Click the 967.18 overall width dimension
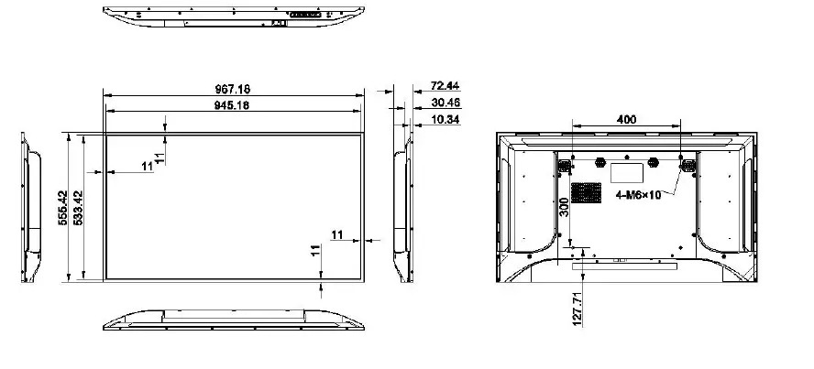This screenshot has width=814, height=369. [232, 89]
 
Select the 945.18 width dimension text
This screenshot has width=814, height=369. [232, 105]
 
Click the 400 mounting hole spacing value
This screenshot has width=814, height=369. [626, 119]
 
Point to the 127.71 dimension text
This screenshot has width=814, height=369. [577, 308]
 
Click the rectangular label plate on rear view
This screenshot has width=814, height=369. [626, 170]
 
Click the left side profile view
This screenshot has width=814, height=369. [31, 208]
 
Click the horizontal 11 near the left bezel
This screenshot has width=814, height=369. [147, 165]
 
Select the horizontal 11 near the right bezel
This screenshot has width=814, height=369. [337, 235]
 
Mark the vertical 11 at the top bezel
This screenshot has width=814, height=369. [159, 157]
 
